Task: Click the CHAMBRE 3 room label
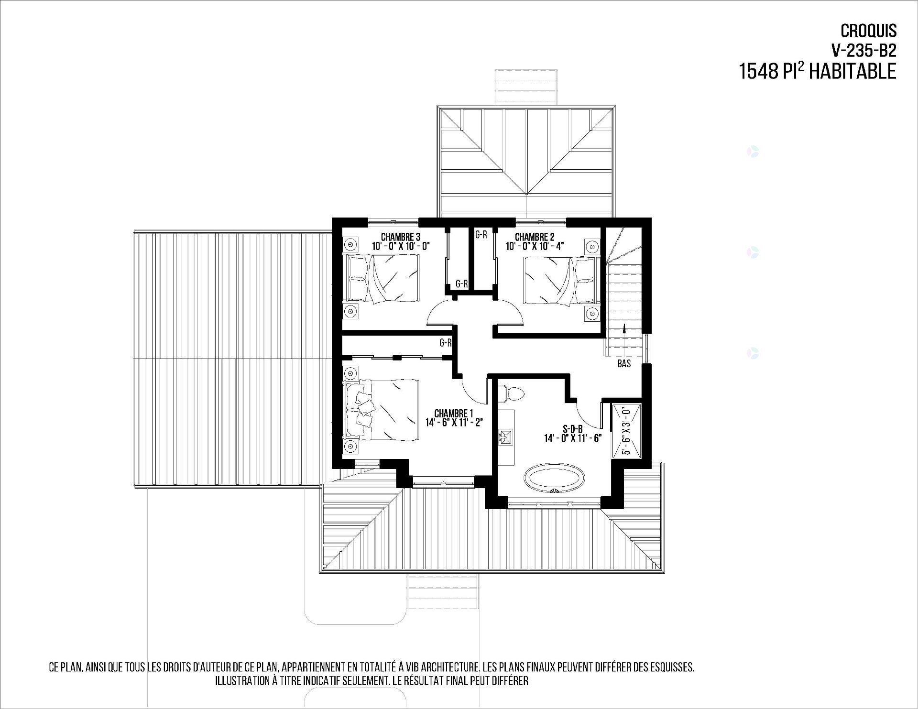401,237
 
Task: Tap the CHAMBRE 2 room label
535,237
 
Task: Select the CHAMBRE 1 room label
453,413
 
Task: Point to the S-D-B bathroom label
572,428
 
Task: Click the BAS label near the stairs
624,364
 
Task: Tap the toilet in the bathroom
511,394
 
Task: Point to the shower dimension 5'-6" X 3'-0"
626,431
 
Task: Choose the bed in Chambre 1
382,410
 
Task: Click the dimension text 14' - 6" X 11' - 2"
454,422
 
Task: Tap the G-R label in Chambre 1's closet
446,343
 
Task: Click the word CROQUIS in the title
868,31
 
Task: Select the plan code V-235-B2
863,50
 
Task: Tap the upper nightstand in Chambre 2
592,247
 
